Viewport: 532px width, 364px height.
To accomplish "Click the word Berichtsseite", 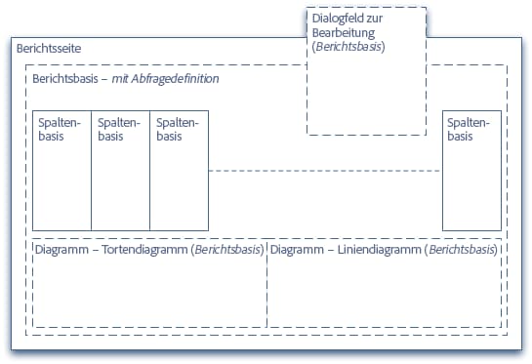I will (48, 49).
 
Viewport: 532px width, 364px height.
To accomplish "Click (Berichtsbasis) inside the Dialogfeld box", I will (348, 47).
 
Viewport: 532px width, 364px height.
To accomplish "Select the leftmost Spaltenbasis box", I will (61, 172).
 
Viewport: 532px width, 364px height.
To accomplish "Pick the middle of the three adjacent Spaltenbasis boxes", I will (120, 172).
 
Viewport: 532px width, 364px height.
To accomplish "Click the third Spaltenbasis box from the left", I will (179, 172).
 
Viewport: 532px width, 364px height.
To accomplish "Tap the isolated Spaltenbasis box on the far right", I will (471, 172).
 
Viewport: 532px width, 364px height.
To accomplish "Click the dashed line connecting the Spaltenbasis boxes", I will (325, 172).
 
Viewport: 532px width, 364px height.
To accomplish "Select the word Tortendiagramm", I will (145, 251).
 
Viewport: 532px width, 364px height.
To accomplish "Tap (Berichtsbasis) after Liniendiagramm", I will (463, 251).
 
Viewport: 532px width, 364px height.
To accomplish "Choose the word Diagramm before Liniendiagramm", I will (299, 251).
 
